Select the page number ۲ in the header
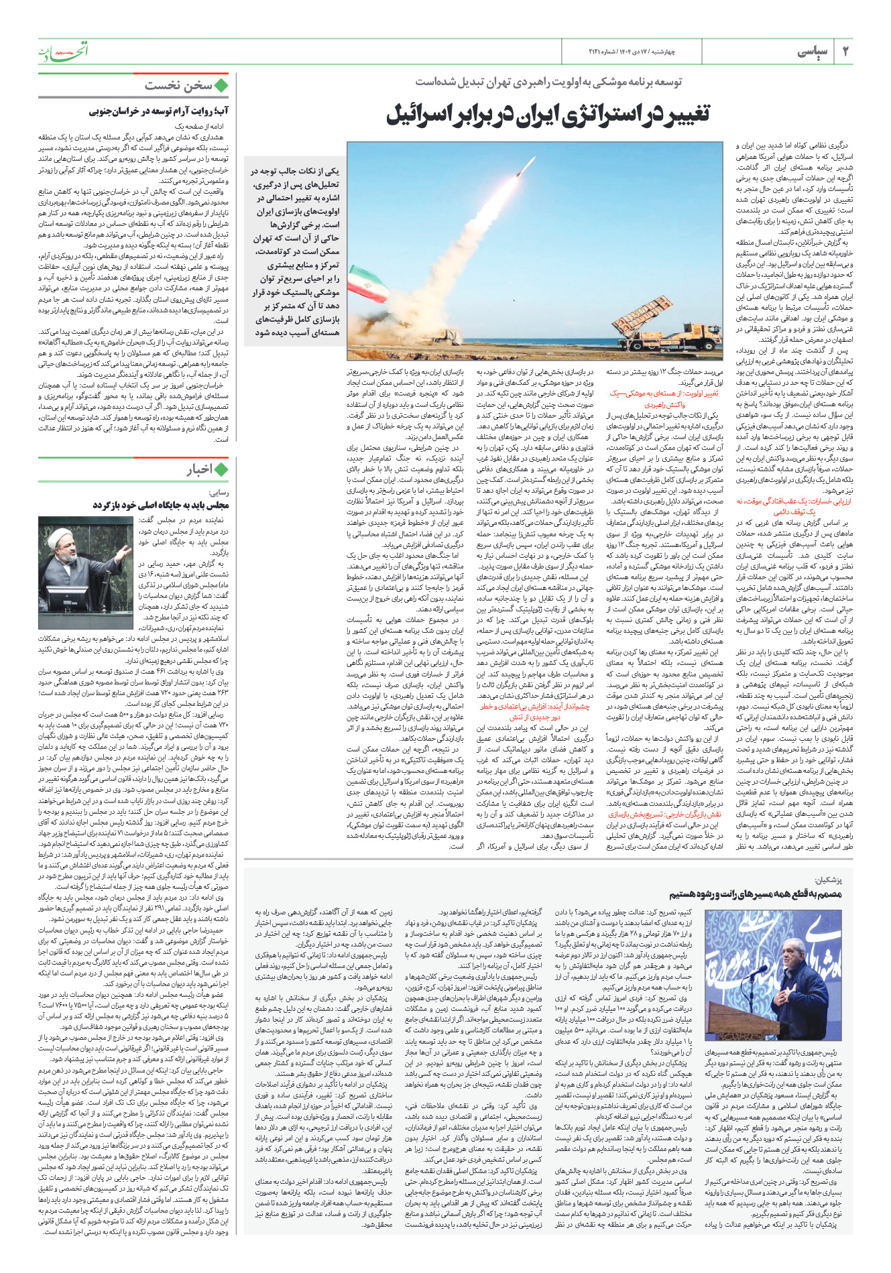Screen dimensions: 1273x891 (845, 52)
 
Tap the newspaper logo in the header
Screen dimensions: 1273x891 (63, 51)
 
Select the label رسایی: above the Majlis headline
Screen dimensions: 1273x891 (219, 493)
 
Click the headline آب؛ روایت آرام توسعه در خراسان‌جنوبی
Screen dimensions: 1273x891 (158, 111)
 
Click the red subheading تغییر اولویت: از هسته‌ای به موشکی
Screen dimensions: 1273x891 (664, 394)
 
